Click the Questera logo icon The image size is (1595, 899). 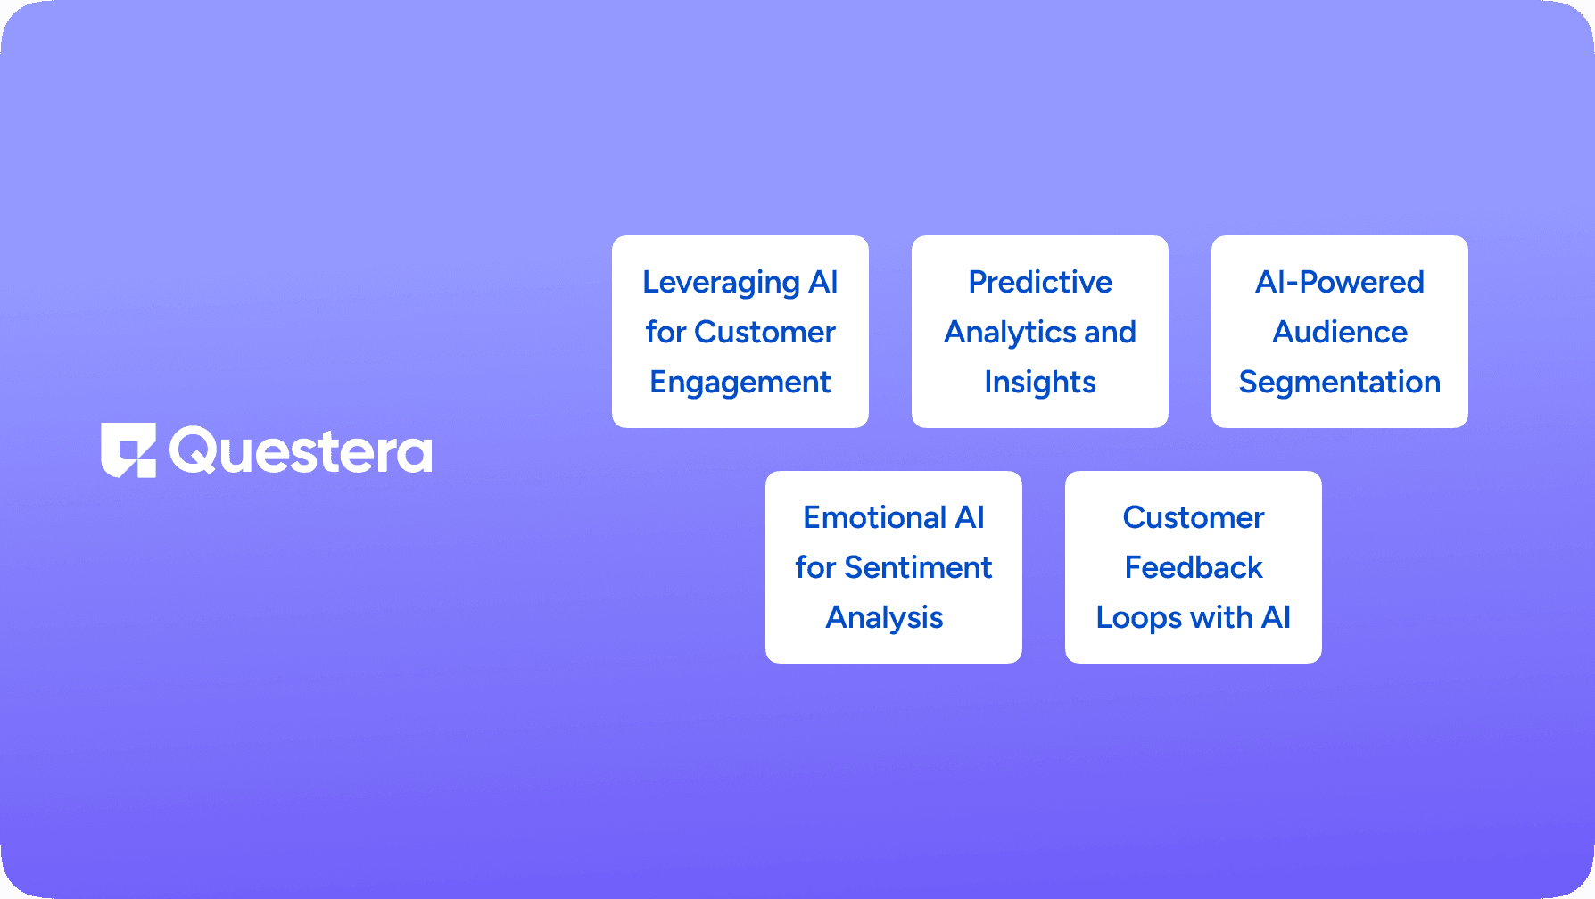128,450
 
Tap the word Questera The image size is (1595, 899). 301,451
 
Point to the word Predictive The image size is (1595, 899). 1040,282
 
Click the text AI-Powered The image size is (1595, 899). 1340,282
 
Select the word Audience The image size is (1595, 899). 1340,332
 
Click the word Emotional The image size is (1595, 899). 875,517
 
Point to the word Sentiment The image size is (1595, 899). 918,567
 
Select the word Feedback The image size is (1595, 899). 1194,567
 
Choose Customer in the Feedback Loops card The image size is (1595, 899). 1194,517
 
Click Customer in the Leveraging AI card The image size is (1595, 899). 764,332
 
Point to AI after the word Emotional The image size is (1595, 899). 970,517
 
